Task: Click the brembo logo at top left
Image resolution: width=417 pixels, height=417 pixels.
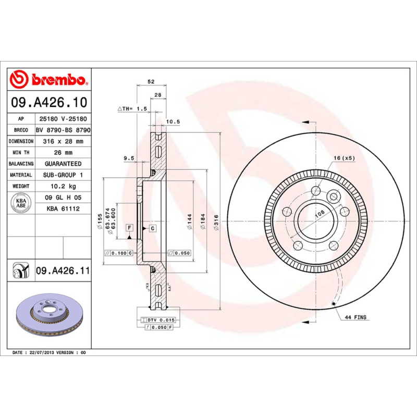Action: click(x=48, y=79)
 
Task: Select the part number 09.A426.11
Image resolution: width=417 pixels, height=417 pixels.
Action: click(x=63, y=271)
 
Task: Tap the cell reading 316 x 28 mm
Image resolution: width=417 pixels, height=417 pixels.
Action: click(x=63, y=141)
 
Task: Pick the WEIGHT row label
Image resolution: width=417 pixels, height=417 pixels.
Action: click(x=21, y=186)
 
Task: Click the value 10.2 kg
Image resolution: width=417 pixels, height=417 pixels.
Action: click(x=63, y=186)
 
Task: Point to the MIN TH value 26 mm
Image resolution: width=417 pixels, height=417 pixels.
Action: click(x=63, y=153)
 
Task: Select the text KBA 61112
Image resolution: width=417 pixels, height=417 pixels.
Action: click(x=63, y=208)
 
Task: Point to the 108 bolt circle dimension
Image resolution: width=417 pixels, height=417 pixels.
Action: click(x=319, y=213)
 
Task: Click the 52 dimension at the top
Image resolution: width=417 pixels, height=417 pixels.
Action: click(x=151, y=82)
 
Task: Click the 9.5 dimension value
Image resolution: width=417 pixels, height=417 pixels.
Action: click(x=129, y=157)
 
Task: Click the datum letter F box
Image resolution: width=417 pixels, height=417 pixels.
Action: click(x=128, y=228)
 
